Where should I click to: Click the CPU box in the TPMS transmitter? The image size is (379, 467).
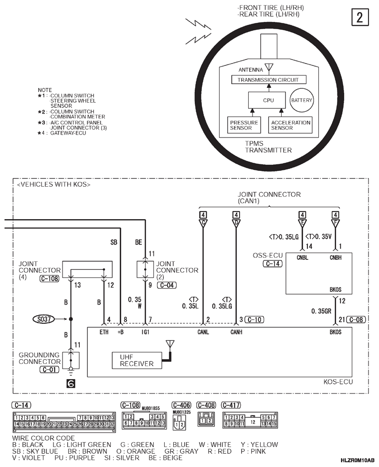coord(268,100)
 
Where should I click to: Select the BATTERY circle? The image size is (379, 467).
coord(302,100)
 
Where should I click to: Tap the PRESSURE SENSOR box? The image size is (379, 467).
coord(244,125)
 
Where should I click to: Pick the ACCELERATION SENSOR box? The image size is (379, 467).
coord(290,125)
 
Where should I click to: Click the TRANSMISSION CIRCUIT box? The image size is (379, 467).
coord(269,80)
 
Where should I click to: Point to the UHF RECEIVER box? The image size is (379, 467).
coord(137,361)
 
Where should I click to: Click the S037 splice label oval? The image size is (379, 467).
coord(44,319)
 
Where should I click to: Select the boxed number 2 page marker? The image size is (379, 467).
coord(360,17)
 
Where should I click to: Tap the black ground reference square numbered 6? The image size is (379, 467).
coord(71,384)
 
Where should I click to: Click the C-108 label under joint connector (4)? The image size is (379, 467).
coord(50,278)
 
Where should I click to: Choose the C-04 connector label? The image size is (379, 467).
coord(167,285)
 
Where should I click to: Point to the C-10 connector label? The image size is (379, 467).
coord(254,319)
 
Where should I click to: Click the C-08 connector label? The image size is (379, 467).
coord(356,319)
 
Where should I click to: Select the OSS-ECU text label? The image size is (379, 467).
coord(268,255)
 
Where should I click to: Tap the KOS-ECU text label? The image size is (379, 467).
coord(338,382)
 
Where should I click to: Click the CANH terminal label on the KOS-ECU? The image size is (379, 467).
coord(236,332)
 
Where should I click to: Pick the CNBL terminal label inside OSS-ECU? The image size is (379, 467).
coord(303,258)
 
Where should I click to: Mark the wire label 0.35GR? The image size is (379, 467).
coord(321,311)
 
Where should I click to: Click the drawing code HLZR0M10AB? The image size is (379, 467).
coord(358,460)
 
